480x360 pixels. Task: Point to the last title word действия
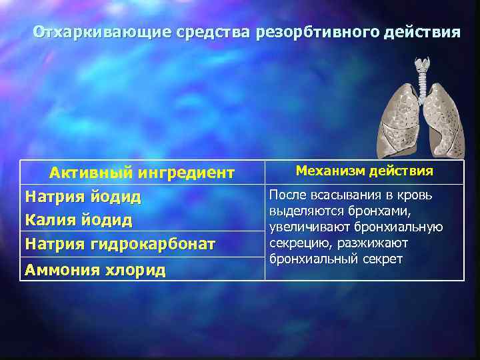point(423,33)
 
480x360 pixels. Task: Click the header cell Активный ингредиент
point(142,173)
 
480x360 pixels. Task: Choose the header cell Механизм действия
point(364,171)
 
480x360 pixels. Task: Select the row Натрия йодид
point(83,197)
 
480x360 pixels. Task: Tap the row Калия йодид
point(79,220)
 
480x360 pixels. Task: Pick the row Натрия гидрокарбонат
point(120,244)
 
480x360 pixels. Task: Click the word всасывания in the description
point(341,195)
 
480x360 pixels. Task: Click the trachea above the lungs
point(421,73)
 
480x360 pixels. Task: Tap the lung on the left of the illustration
point(397,120)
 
